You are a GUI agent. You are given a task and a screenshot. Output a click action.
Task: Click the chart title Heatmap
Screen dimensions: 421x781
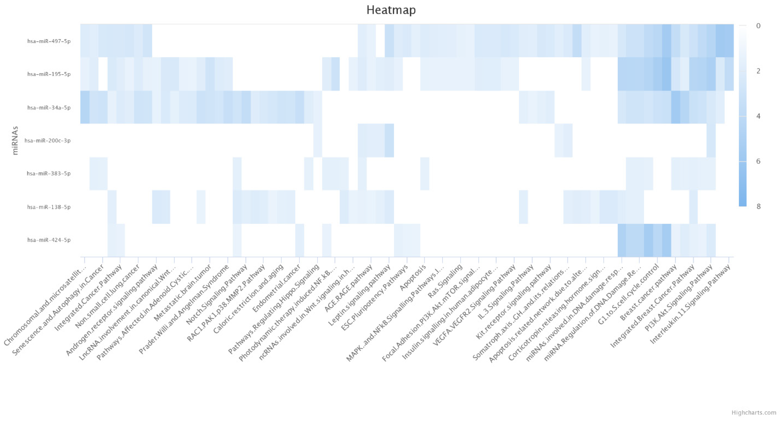point(391,10)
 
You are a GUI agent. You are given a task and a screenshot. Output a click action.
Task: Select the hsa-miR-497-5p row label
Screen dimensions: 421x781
point(49,41)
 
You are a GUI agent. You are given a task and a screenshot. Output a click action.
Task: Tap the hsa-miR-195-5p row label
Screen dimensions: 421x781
point(49,74)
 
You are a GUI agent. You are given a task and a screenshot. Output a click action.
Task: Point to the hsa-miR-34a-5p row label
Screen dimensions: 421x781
point(49,108)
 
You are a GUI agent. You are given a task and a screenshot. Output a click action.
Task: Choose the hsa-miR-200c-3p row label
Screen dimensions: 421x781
point(48,140)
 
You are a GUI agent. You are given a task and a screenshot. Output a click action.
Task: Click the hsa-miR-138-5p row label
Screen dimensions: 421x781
point(49,207)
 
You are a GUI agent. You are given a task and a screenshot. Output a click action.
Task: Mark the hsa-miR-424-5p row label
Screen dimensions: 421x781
point(49,240)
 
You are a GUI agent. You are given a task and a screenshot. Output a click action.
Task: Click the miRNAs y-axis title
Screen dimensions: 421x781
point(15,140)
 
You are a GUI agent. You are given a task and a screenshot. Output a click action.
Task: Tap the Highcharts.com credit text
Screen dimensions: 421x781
point(754,413)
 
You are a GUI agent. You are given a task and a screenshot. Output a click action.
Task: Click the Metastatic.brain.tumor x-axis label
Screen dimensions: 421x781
point(183,293)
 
